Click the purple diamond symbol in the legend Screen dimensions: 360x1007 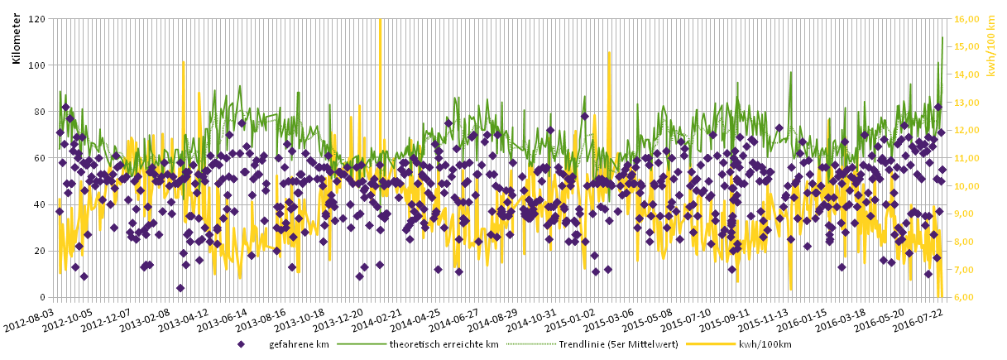coord(241,344)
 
